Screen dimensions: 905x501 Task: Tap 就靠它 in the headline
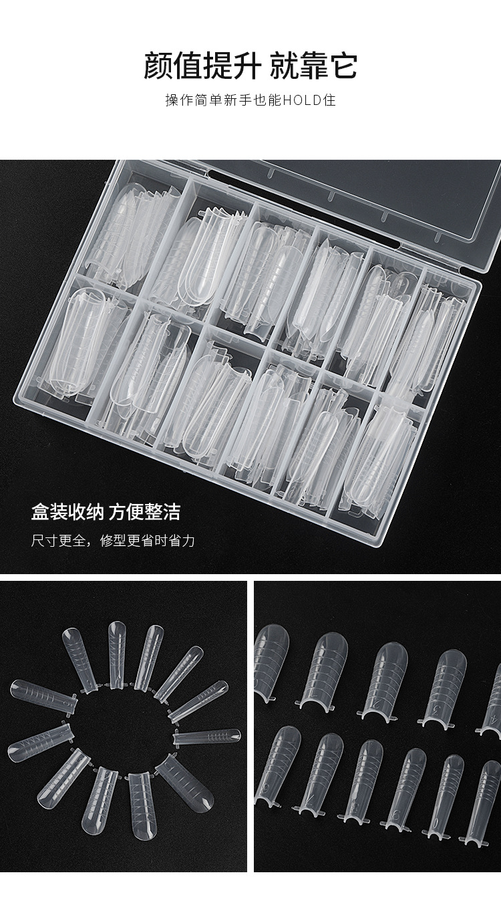click(x=313, y=67)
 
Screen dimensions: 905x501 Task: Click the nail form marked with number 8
click(x=362, y=781)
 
